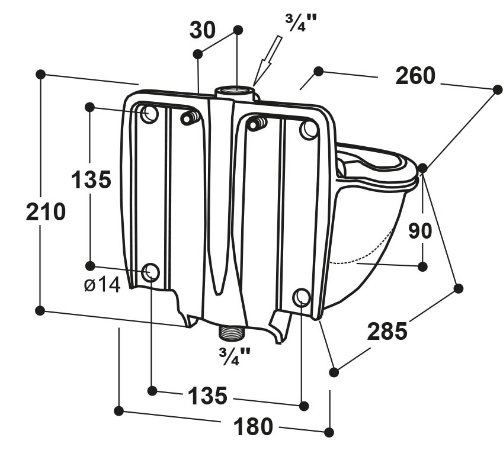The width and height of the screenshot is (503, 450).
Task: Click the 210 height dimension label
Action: click(46, 212)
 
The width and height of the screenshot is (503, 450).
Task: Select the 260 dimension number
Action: click(415, 76)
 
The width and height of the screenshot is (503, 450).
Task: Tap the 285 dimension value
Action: click(387, 331)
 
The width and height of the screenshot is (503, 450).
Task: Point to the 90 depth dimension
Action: click(420, 230)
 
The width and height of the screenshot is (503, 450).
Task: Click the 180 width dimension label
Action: click(253, 426)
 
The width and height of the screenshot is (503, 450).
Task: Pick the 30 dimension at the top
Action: click(203, 30)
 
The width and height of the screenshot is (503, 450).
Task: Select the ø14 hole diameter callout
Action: click(102, 285)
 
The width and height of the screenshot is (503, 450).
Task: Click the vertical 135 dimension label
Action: click(91, 179)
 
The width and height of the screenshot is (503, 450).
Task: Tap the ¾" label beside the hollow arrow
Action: click(300, 22)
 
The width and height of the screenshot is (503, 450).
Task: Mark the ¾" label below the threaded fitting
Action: click(235, 356)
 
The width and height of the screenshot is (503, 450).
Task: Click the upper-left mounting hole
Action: click(149, 114)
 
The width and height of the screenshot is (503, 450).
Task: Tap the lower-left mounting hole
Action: click(150, 272)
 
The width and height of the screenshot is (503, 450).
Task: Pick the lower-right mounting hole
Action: click(302, 297)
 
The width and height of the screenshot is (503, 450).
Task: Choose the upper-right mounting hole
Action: click(309, 130)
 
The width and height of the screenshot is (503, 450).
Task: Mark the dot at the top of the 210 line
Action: click(40, 75)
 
